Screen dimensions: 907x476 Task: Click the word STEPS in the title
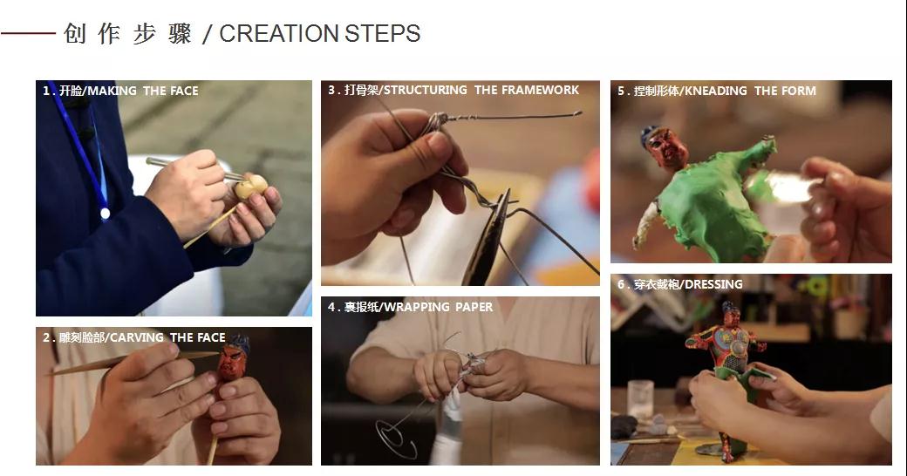click(x=382, y=33)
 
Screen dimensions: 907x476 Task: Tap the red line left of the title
click(x=28, y=33)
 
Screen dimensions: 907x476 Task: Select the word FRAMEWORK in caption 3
click(x=540, y=90)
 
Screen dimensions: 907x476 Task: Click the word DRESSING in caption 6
click(x=713, y=284)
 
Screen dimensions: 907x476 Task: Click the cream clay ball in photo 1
click(x=251, y=187)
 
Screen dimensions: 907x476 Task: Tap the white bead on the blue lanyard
click(x=105, y=214)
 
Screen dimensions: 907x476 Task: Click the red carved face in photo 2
click(x=231, y=363)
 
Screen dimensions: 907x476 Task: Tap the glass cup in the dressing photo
click(x=640, y=399)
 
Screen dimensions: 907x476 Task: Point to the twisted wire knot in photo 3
click(x=438, y=121)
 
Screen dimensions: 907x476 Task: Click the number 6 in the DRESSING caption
click(x=621, y=284)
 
